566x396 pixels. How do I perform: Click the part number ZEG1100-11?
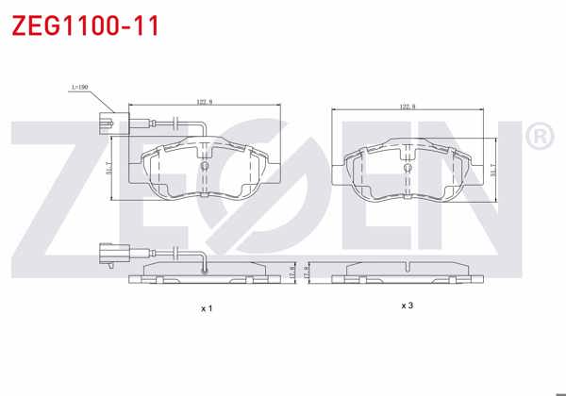[85, 25]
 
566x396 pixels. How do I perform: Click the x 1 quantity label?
[207, 308]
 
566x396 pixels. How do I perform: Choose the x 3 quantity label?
[407, 305]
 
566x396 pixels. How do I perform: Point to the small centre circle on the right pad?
[408, 167]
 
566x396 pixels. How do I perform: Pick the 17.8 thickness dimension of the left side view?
[292, 272]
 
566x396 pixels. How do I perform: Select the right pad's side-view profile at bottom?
[408, 272]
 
